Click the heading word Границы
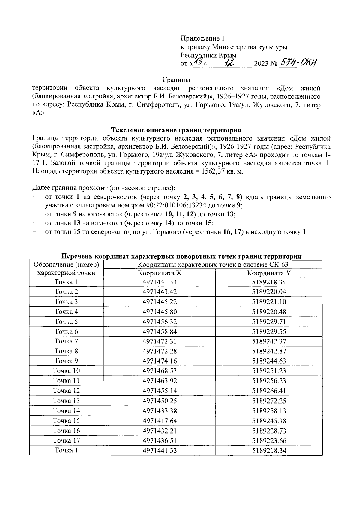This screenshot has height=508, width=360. [x=177, y=80]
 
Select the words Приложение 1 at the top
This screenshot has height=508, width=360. [x=202, y=38]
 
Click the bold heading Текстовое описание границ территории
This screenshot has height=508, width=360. [x=177, y=130]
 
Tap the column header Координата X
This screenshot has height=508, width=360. [x=160, y=273]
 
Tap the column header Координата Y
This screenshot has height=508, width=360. [x=269, y=273]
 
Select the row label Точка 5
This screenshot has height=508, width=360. [x=66, y=322]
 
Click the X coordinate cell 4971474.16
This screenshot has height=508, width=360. [x=160, y=361]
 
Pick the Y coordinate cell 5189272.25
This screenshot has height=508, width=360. [x=269, y=401]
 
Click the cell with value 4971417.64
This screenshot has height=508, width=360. [x=160, y=421]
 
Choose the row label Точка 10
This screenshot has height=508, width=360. [x=66, y=371]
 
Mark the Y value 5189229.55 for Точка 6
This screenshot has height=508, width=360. [x=269, y=331]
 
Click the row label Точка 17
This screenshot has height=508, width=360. [x=66, y=440]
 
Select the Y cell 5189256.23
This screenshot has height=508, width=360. [x=269, y=381]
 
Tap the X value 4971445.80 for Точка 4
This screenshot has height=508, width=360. [x=160, y=312]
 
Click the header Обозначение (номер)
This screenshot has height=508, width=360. [x=66, y=265]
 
